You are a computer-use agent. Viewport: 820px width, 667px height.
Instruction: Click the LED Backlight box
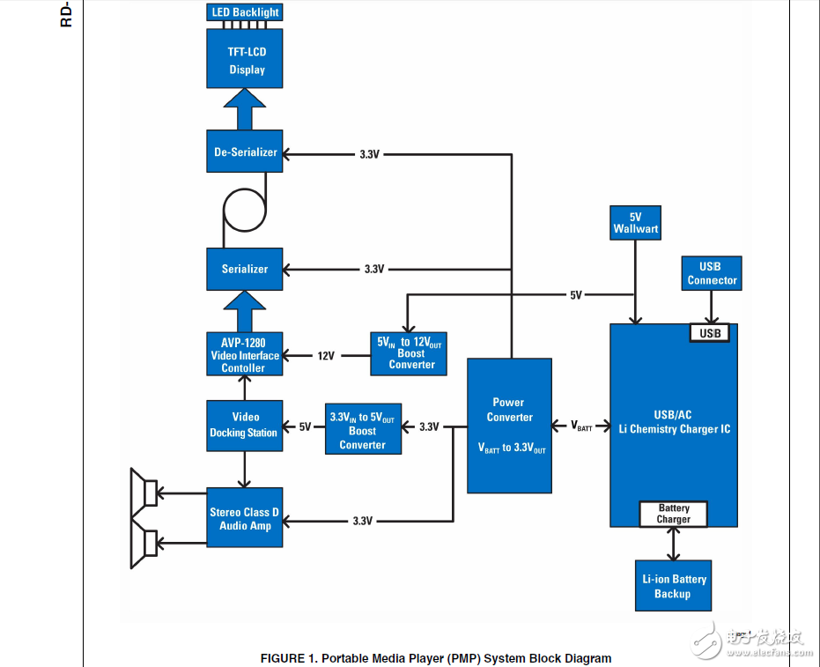[245, 12]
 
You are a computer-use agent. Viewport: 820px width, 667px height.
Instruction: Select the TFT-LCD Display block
[245, 60]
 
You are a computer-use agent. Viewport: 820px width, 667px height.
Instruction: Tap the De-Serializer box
[245, 152]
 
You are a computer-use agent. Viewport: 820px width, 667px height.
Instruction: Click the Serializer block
[245, 269]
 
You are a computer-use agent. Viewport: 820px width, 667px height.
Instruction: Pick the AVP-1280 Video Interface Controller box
[245, 355]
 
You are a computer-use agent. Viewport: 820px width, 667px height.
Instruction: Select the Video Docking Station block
[245, 425]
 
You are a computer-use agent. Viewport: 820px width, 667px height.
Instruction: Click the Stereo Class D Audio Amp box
[245, 517]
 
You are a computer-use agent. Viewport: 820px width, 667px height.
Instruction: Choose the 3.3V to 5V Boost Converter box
[362, 431]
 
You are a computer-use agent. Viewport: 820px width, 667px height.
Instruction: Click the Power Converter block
[509, 426]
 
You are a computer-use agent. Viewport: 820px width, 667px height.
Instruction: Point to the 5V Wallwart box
[635, 222]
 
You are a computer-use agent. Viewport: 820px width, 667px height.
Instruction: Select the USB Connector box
[712, 273]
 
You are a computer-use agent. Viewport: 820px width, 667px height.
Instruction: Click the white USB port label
[710, 333]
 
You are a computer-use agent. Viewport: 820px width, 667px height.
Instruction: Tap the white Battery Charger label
[674, 514]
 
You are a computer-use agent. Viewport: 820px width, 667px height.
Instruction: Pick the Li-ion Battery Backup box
[673, 586]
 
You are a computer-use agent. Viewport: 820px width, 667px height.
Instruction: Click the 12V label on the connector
[326, 356]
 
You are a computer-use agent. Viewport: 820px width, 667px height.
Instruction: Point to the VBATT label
[581, 426]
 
